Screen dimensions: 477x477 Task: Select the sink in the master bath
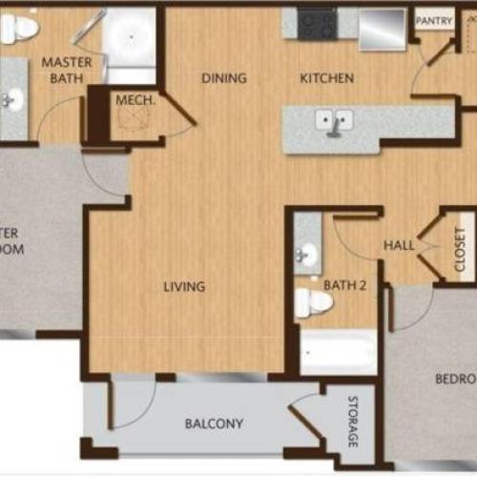12,98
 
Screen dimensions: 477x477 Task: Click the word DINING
224,78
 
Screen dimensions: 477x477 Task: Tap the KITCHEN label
327,78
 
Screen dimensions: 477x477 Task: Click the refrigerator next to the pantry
382,29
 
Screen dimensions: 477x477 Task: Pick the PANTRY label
433,20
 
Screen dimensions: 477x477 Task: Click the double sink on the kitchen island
335,121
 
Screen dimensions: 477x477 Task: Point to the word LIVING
184,285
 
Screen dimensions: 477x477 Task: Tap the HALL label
399,245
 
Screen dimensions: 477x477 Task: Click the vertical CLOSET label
460,249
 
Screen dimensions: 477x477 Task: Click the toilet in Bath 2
312,302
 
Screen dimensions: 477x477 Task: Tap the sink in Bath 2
307,254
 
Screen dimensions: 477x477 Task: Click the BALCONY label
214,424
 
